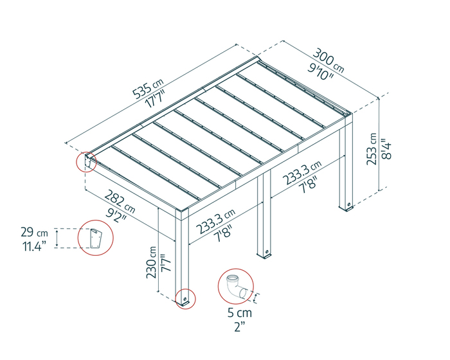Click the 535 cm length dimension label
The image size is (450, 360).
pos(147,89)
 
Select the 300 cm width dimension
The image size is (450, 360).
pos(328,61)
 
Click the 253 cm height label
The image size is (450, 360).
pos(372,148)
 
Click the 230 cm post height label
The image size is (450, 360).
pos(152,262)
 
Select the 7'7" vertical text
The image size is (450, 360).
pos(166,263)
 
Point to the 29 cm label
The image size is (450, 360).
pos(34,232)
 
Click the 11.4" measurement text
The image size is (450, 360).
pos(35,246)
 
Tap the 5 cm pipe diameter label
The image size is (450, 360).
pos(240,312)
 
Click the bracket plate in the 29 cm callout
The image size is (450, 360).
pos(96,238)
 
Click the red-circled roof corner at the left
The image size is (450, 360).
pos(86,161)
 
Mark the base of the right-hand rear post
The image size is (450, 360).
pos(346,207)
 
